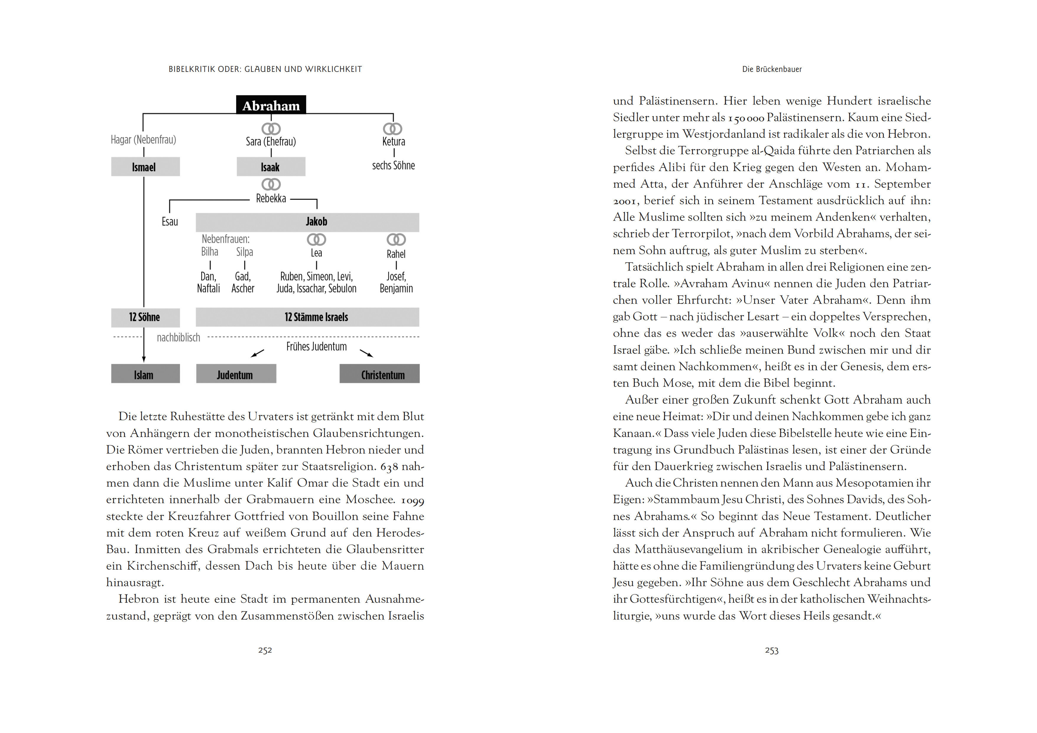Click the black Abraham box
(271, 105)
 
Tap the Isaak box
(270, 167)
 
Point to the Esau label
(170, 222)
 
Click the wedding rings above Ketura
(392, 129)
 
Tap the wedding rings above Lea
(316, 239)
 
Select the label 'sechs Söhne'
(393, 166)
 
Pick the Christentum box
(379, 374)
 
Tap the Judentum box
(236, 374)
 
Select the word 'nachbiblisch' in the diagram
(178, 337)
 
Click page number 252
(265, 650)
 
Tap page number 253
(771, 650)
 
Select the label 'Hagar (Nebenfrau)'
(143, 139)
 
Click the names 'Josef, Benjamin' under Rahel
(396, 282)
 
